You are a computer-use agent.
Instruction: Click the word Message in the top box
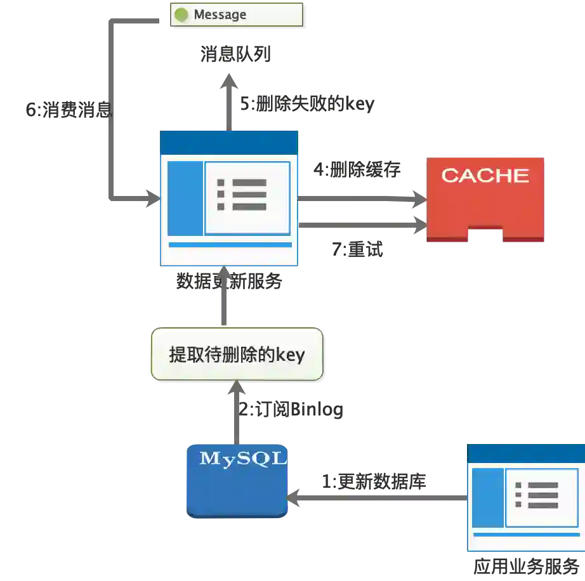tap(220, 15)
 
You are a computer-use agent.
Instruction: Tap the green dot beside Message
tap(181, 15)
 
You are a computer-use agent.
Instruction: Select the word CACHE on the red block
tap(485, 175)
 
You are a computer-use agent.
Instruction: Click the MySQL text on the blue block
tap(243, 459)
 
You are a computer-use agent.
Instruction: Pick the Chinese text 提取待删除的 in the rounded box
tap(221, 355)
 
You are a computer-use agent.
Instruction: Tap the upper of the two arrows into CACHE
tap(362, 198)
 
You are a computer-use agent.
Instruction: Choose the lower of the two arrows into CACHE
tap(362, 223)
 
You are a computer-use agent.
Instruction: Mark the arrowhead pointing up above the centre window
tap(229, 82)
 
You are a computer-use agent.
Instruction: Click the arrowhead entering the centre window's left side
tap(151, 197)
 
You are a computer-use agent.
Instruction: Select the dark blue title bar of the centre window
tap(228, 142)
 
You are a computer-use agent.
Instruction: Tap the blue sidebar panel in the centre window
tap(185, 198)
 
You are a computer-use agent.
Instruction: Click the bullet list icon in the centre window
tap(242, 194)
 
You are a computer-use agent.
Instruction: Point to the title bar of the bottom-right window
tap(526, 452)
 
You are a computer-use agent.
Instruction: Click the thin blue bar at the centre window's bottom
tap(230, 245)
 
